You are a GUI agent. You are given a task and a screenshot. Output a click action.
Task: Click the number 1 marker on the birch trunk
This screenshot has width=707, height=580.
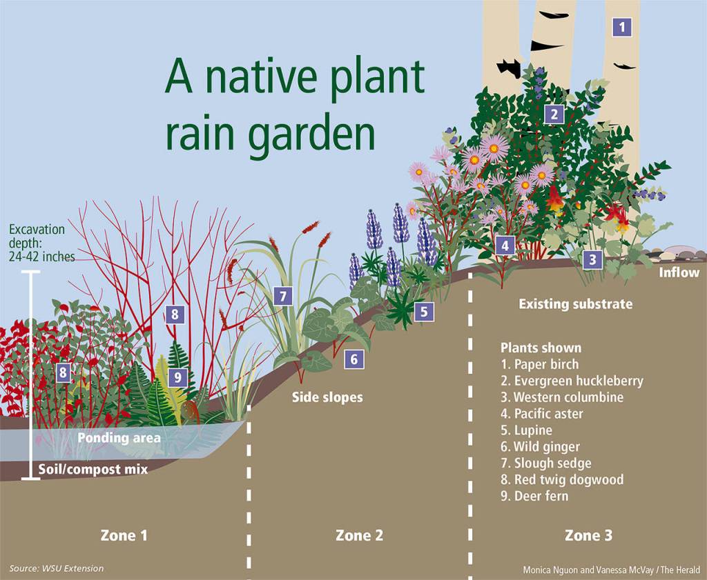[622, 27]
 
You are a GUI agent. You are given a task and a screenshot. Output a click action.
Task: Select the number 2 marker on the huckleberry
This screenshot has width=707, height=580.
[554, 114]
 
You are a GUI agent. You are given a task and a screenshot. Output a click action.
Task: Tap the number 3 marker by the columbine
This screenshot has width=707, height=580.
[592, 260]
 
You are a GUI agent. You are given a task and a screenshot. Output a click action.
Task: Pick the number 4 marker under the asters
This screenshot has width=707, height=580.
[505, 245]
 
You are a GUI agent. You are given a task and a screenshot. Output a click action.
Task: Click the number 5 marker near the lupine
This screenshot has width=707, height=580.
[424, 312]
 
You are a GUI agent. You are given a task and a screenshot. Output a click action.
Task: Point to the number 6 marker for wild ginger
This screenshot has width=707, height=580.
[353, 359]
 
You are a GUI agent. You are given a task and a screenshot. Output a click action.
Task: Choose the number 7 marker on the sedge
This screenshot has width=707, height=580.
[282, 297]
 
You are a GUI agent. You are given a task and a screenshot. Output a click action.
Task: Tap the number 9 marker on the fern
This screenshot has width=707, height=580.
[177, 377]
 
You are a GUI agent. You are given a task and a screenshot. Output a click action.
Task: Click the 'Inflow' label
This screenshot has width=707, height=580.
[679, 272]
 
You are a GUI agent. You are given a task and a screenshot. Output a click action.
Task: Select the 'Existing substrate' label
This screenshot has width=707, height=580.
[575, 303]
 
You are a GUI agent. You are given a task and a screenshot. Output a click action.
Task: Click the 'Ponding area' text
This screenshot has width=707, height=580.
[119, 438]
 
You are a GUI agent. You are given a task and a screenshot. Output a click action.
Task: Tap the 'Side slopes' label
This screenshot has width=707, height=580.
[327, 397]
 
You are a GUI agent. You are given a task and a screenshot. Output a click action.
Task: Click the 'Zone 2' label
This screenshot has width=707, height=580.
[359, 534]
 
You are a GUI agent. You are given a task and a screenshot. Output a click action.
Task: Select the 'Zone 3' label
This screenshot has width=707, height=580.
[588, 534]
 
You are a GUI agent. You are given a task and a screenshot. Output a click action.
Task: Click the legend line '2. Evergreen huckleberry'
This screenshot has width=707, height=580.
[572, 381]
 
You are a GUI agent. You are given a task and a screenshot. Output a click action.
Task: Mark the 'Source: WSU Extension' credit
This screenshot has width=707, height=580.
[57, 568]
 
